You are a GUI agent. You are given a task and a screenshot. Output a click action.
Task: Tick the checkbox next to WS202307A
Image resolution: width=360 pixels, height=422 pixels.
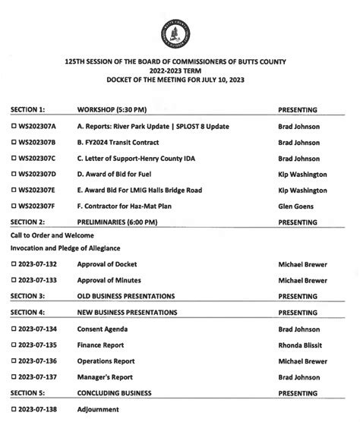pyautogui.click(x=14, y=126)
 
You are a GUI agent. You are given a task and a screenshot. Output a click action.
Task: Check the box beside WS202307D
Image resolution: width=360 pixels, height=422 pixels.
pyautogui.click(x=14, y=175)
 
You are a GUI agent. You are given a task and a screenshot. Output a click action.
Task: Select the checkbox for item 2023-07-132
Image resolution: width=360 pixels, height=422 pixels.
pyautogui.click(x=14, y=264)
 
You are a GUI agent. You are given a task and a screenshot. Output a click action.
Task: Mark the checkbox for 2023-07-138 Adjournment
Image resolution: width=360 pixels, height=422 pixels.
pyautogui.click(x=14, y=410)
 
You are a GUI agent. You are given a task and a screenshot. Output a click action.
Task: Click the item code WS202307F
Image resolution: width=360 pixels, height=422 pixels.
pyautogui.click(x=39, y=206)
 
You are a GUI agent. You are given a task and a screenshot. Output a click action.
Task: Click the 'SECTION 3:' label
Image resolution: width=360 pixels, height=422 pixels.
pyautogui.click(x=28, y=296)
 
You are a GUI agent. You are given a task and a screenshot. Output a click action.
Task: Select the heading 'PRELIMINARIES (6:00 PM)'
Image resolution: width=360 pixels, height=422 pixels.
pyautogui.click(x=122, y=222)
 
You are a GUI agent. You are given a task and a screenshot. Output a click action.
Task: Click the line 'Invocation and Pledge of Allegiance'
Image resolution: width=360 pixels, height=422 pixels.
pyautogui.click(x=65, y=248)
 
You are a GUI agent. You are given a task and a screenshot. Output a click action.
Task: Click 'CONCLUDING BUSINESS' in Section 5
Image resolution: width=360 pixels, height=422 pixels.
pyautogui.click(x=122, y=393)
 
